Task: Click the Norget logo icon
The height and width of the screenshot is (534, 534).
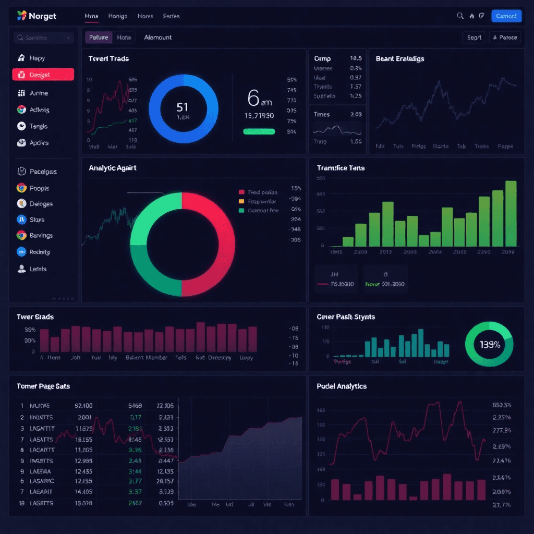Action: pyautogui.click(x=21, y=16)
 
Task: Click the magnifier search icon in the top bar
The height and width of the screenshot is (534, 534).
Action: pyautogui.click(x=460, y=16)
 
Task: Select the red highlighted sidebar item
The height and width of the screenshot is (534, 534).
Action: pyautogui.click(x=43, y=75)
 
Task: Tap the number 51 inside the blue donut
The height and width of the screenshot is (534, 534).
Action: pyautogui.click(x=182, y=107)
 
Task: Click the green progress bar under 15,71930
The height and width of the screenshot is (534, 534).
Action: pyautogui.click(x=259, y=131)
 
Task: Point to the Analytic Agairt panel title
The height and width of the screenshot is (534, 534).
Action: pyautogui.click(x=113, y=168)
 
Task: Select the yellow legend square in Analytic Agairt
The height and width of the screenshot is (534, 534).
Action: pyautogui.click(x=241, y=201)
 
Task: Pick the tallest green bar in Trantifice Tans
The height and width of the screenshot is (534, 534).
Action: pyautogui.click(x=511, y=213)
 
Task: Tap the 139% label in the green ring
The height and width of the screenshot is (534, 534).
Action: pyautogui.click(x=490, y=344)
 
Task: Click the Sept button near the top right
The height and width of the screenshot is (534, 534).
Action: pyautogui.click(x=474, y=38)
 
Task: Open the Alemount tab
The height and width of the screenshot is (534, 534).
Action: pyautogui.click(x=157, y=38)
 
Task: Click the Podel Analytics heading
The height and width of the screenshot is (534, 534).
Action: pyautogui.click(x=342, y=386)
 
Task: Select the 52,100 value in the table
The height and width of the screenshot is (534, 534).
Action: pyautogui.click(x=83, y=406)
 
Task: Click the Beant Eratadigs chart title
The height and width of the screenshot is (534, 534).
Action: pyautogui.click(x=400, y=59)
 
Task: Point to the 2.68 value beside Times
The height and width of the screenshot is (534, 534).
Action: pyautogui.click(x=356, y=114)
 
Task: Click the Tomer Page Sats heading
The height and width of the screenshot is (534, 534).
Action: pyautogui.click(x=43, y=386)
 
